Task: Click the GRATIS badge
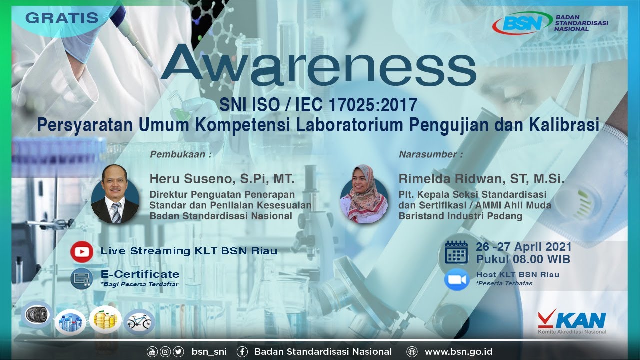pos(62,18)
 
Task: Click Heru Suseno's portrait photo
pos(115,194)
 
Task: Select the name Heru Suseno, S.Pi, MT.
pos(222,179)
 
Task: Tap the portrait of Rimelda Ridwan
pos(364,194)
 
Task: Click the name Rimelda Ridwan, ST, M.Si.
pos(481,179)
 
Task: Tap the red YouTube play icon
pos(81,251)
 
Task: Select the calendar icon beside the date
pos(456,252)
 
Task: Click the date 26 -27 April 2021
pos(523,247)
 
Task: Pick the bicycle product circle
pos(139,322)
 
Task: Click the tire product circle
pos(38,315)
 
